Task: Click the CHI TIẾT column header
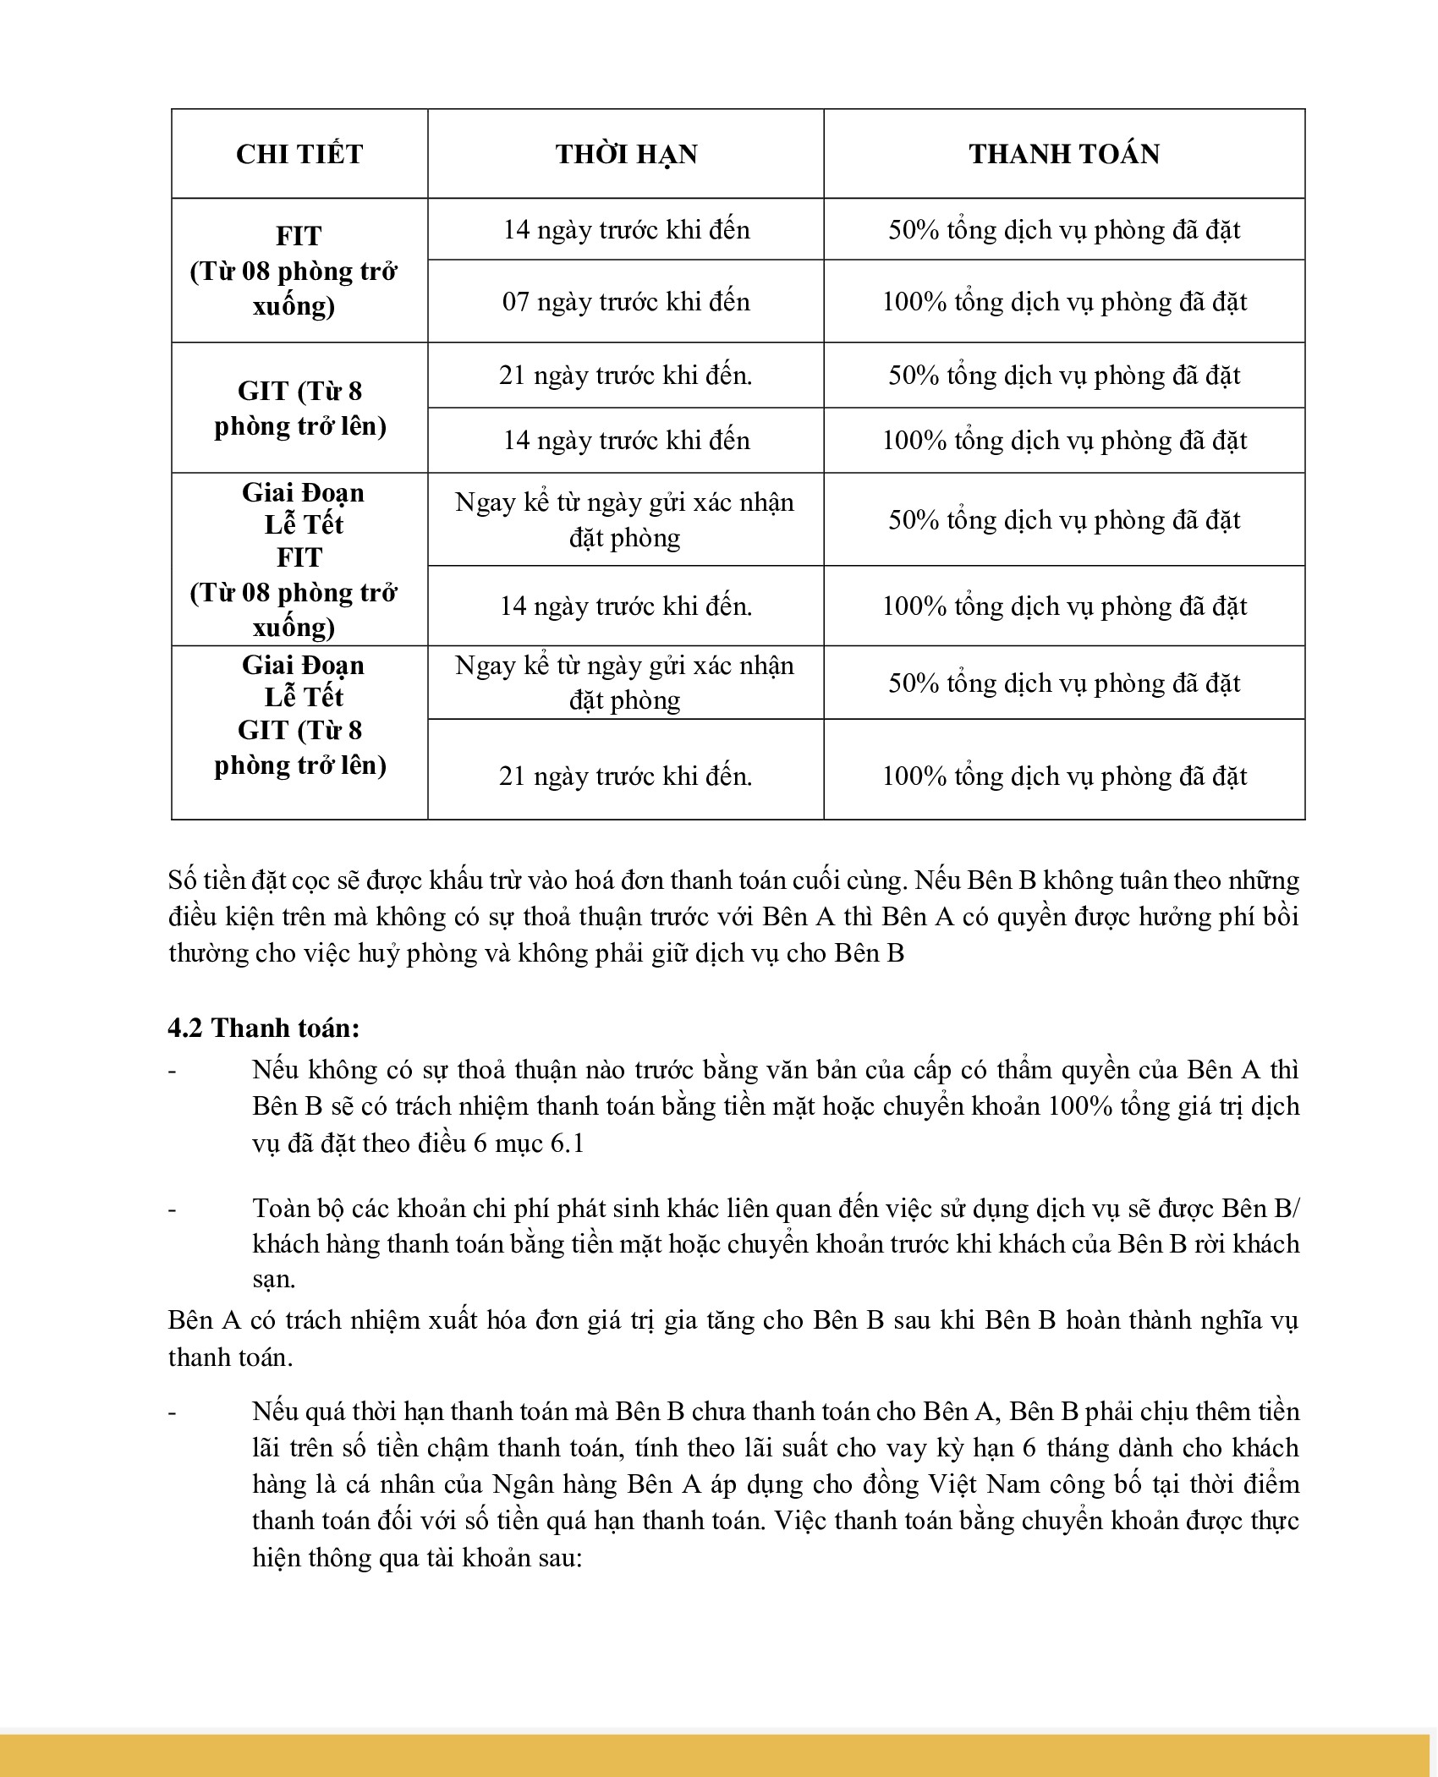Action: click(299, 154)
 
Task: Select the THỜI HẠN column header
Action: click(626, 154)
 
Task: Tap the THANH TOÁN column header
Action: click(1064, 154)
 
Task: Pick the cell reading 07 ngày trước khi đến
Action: click(626, 302)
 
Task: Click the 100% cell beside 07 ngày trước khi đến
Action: click(1064, 302)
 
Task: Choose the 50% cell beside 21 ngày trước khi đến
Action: click(1064, 376)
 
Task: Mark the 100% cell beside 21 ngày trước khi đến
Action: click(1064, 776)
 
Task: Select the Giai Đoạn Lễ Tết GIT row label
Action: click(300, 715)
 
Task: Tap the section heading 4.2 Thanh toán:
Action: click(264, 1028)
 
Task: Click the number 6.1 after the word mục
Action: click(567, 1144)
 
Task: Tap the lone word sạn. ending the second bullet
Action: click(274, 1280)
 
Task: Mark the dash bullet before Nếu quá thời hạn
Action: click(173, 1412)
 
